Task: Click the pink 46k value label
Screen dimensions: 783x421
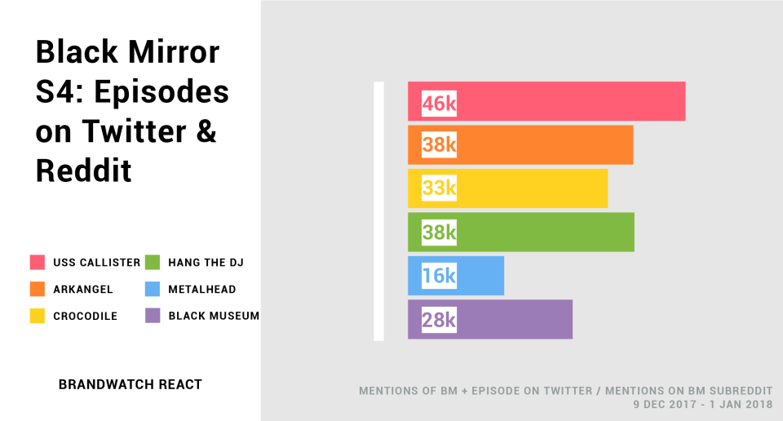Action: point(439,104)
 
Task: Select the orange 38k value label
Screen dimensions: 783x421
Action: point(439,145)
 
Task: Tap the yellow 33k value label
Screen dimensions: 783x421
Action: point(439,188)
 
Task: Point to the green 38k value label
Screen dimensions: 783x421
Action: point(439,233)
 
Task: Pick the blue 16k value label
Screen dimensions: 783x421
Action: point(439,276)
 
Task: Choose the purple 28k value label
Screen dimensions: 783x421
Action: point(439,320)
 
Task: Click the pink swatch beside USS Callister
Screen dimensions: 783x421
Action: point(38,262)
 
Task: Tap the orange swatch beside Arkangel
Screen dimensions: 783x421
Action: point(38,289)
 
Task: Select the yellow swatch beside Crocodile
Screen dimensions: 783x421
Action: point(38,316)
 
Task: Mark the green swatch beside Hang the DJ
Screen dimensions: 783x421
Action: point(153,262)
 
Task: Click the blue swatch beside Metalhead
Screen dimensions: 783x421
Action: point(153,289)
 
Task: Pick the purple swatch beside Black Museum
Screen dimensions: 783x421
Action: point(153,316)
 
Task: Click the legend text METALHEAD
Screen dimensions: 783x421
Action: point(202,289)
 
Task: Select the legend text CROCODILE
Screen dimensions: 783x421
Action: point(86,316)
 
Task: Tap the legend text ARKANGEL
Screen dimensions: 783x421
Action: point(83,289)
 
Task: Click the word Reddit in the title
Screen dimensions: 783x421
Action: point(84,171)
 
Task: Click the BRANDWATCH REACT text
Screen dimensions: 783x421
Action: point(130,384)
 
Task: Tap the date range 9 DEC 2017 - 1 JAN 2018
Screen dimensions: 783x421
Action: point(703,404)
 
